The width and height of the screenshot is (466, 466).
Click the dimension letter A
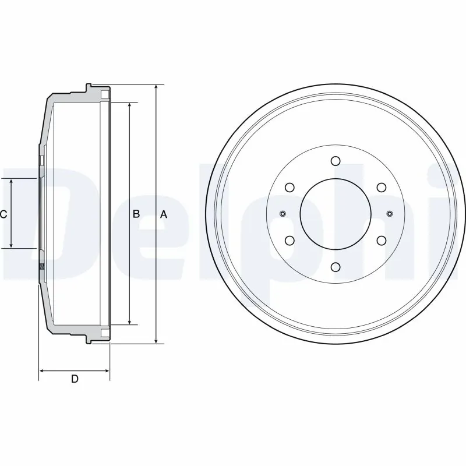pos(164,214)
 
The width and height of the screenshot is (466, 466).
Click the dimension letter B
pos(136,214)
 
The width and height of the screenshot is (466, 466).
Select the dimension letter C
pos(3,214)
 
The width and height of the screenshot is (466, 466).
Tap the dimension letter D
pos(75,379)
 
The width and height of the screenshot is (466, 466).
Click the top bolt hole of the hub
pos(335,161)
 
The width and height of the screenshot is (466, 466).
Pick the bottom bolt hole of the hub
pos(335,267)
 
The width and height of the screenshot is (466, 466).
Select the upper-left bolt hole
pos(290,188)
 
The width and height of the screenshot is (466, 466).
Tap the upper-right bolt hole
pos(380,188)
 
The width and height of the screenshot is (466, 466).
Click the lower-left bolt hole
pos(290,240)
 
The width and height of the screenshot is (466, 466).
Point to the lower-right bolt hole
pos(380,240)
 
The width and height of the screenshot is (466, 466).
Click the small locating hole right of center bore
pos(389,213)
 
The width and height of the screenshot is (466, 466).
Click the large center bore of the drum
pos(335,214)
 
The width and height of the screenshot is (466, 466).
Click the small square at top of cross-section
pos(104,94)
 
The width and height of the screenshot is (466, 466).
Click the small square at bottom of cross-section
pos(104,333)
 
